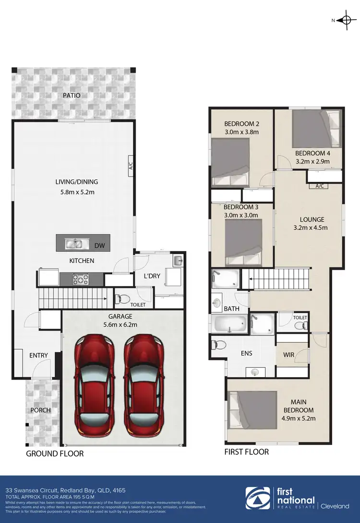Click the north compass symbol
coord(346,20)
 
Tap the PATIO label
coord(72,95)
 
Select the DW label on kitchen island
coord(99,246)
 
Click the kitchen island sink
coord(74,244)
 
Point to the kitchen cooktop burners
coord(79,279)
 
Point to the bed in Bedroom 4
coord(315,129)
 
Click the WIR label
coord(288,355)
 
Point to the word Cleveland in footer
coord(335,506)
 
